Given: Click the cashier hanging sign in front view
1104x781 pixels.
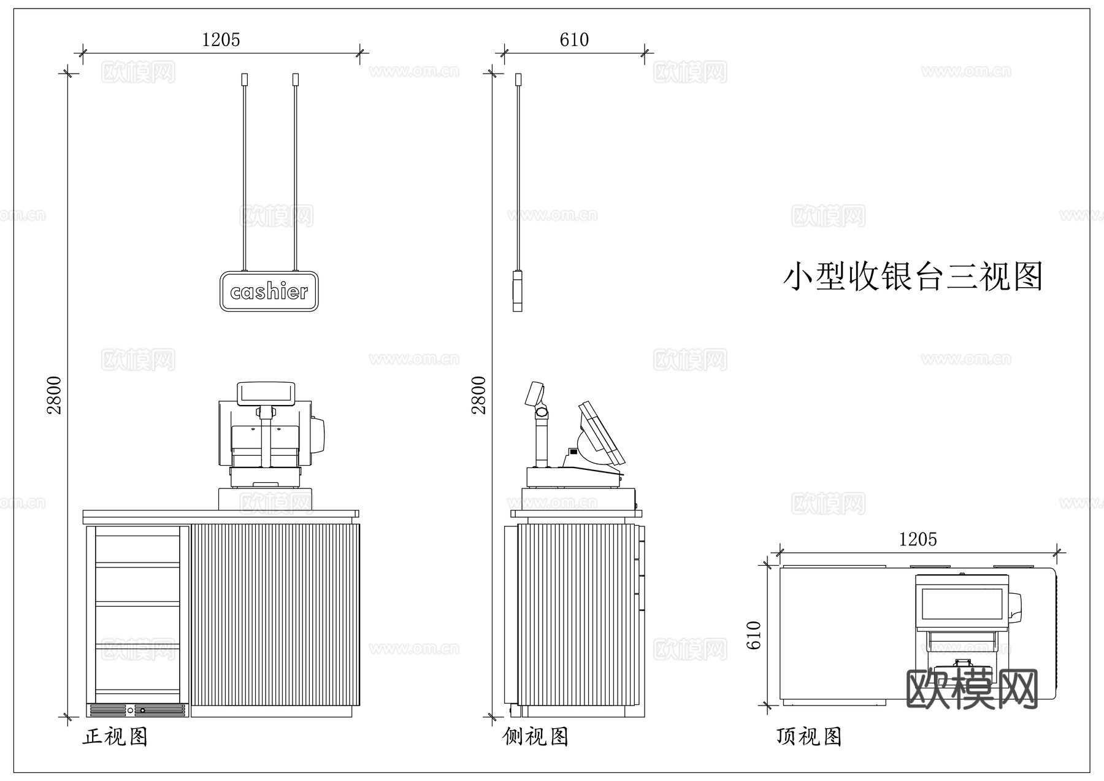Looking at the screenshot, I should pos(269,291).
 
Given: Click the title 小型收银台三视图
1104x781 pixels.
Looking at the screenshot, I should pos(913,277).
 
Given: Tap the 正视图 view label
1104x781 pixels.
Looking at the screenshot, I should pos(115,736).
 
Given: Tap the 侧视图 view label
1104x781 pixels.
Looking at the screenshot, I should pos(535,736).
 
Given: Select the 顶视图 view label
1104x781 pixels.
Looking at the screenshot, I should pos(809,736).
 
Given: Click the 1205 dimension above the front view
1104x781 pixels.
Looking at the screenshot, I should pos(221,40).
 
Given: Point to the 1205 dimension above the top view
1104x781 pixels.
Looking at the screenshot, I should pos(918,539).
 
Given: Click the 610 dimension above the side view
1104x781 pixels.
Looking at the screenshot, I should pos(574,40).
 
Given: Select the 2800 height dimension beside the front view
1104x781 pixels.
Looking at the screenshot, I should pos(55,394).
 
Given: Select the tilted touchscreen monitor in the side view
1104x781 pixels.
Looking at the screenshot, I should pos(600,433).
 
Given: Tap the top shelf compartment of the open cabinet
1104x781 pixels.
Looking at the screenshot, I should pos(137,549).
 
